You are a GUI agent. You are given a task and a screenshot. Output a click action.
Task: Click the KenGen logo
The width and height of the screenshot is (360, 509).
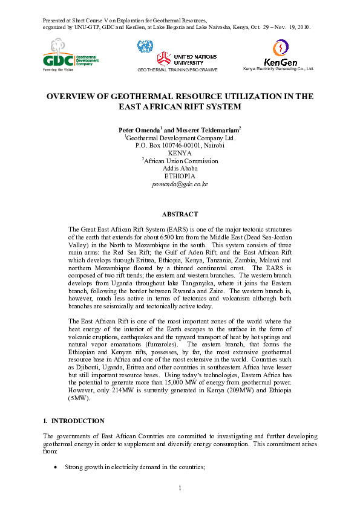point(280,54)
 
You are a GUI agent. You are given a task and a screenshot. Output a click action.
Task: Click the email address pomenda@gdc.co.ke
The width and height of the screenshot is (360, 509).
point(180,184)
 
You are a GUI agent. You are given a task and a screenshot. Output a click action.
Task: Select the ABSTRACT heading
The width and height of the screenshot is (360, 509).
point(180,215)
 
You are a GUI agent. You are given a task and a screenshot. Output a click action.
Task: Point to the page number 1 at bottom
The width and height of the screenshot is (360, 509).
point(180,488)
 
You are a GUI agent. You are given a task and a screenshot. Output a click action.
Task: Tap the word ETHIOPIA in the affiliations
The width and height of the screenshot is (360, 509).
point(180,176)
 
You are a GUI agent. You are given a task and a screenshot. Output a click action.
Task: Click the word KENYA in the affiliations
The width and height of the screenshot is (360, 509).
point(180,153)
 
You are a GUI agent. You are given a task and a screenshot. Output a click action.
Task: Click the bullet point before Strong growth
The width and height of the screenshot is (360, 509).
point(56,467)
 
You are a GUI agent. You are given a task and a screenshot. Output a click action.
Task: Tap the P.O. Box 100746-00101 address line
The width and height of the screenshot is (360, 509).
point(180,145)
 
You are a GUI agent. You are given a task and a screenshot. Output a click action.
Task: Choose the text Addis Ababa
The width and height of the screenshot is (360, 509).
point(180,169)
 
